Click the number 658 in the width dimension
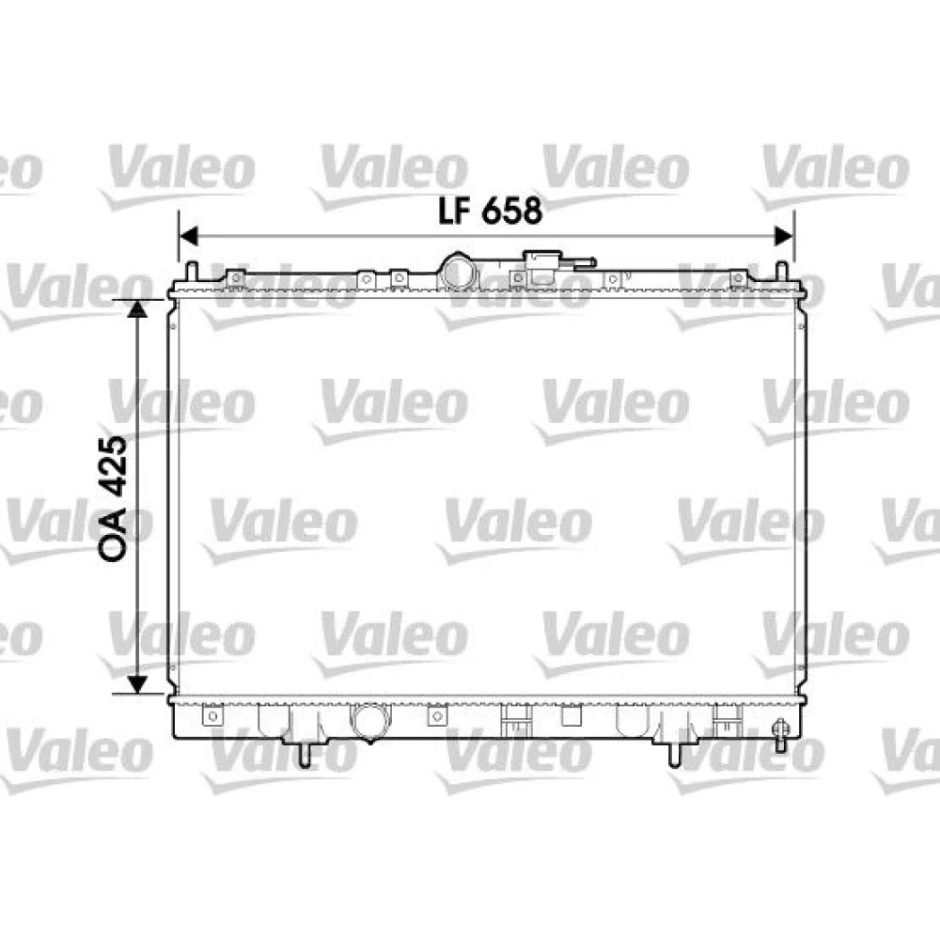512,211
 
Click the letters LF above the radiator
455,211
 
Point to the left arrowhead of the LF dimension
188,236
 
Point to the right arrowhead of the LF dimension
784,236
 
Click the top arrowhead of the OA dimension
138,308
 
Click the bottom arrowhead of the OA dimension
138,684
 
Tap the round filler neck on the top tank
459,272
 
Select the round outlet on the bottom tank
369,722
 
